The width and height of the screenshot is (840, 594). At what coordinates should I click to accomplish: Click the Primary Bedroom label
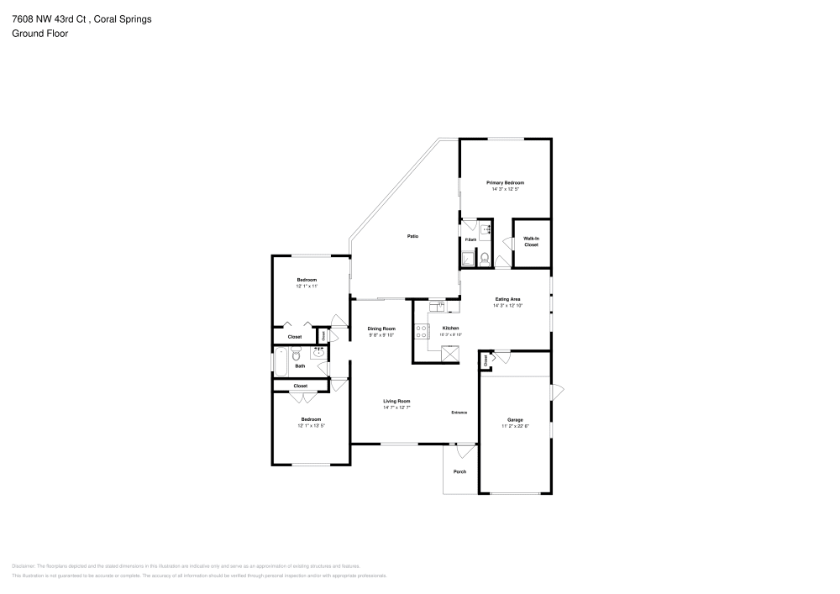pyautogui.click(x=506, y=182)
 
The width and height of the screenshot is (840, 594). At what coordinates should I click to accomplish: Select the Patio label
pyautogui.click(x=413, y=237)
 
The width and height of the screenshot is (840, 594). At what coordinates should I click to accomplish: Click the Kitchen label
pyautogui.click(x=451, y=328)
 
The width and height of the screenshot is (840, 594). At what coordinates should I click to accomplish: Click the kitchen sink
pyautogui.click(x=437, y=307)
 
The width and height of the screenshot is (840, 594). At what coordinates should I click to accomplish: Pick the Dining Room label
pyautogui.click(x=382, y=329)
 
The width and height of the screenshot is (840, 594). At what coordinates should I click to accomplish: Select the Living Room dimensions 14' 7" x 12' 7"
pyautogui.click(x=396, y=408)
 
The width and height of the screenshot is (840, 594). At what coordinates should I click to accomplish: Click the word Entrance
pyautogui.click(x=459, y=413)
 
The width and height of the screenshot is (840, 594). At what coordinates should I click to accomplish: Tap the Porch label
pyautogui.click(x=459, y=471)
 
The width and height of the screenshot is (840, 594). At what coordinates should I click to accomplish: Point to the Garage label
pyautogui.click(x=515, y=419)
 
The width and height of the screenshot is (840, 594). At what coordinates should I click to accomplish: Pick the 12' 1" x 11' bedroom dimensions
pyautogui.click(x=307, y=286)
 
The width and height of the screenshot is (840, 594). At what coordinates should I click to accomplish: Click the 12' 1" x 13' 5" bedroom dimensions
pyautogui.click(x=311, y=426)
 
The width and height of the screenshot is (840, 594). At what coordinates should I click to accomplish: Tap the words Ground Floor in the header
pyautogui.click(x=39, y=34)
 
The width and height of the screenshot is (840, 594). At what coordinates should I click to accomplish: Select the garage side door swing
pyautogui.click(x=557, y=392)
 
